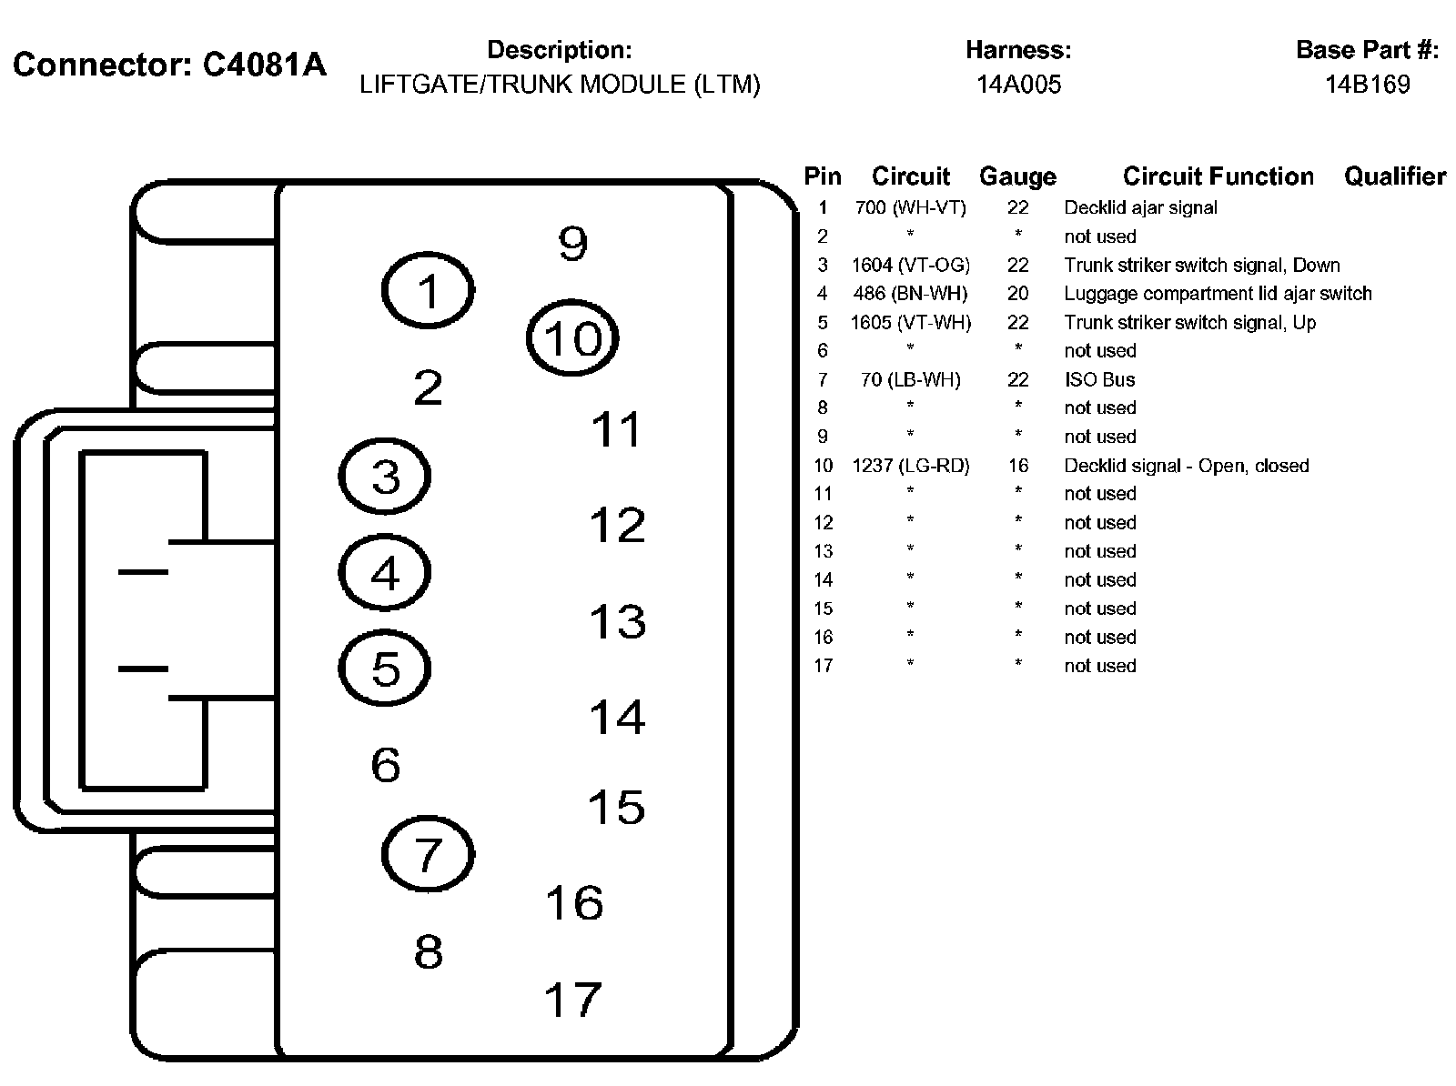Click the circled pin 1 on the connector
pos(427,291)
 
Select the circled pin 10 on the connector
pos(572,337)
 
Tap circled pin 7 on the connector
pos(427,854)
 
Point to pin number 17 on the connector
pos(572,999)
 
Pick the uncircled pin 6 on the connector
pos(385,765)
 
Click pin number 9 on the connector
pos(572,243)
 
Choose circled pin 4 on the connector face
pos(385,573)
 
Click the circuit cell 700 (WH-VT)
pos(910,207)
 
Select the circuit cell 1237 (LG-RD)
pos(910,466)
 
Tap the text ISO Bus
pos(1099,379)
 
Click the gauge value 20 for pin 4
pos(1017,294)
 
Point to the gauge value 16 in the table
pos(1017,466)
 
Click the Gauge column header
pos(1017,176)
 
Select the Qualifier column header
pos(1394,176)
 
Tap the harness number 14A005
pos(1018,85)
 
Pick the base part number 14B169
pos(1367,85)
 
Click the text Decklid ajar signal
pos(1140,207)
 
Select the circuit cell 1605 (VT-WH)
pos(910,323)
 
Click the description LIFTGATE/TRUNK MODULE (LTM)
pos(560,85)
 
